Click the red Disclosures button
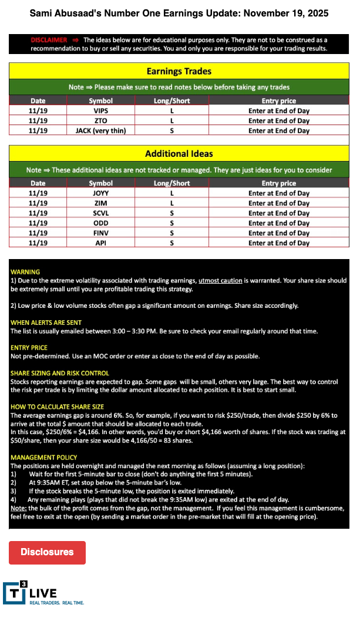pos(47,552)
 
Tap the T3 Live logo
pos(43,593)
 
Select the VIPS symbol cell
pos(100,110)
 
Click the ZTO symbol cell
pos(100,120)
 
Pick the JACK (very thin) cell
pos(100,130)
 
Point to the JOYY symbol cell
pos(100,193)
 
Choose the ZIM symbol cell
pos(100,203)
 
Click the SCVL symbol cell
pos(100,213)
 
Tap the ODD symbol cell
pos(100,223)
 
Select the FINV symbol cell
pos(100,233)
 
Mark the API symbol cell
pos(100,243)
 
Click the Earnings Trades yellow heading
pos(179,71)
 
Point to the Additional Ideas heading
pos(179,154)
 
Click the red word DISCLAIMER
pos(49,40)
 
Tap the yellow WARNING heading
pos(25,272)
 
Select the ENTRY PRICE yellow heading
pos(29,348)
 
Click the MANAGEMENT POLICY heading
pos(43,457)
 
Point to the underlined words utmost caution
pos(220,281)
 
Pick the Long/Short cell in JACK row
pos(171,130)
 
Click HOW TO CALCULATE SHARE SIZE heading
pos(57,407)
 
